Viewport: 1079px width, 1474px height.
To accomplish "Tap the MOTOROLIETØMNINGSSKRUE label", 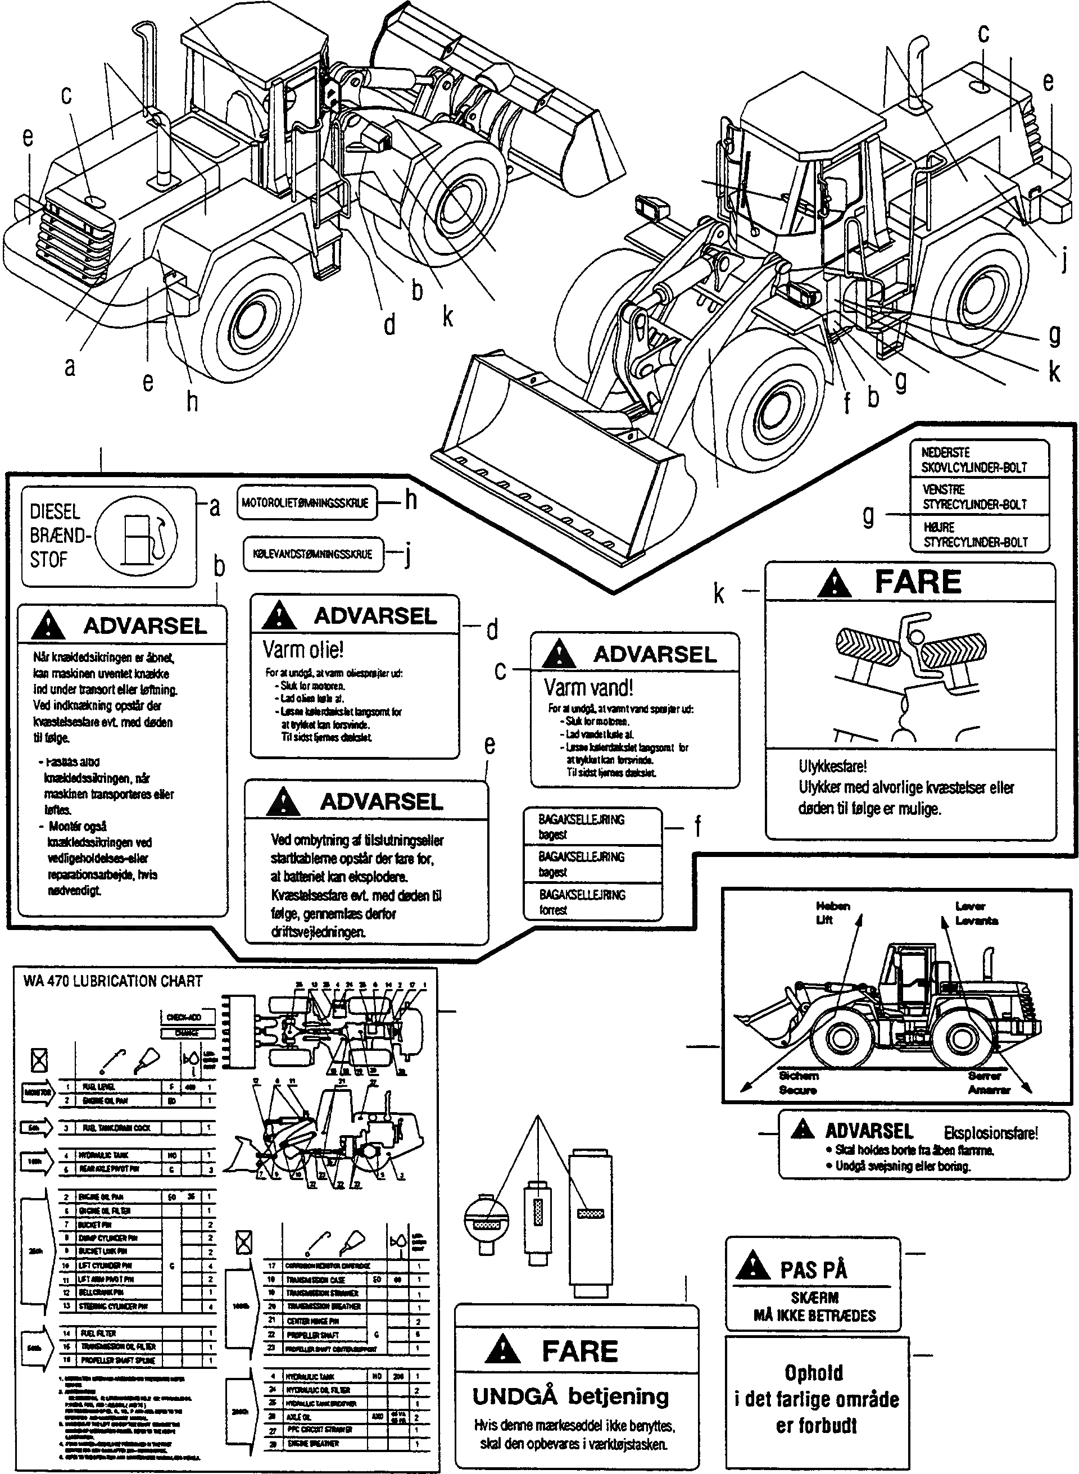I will pos(306,503).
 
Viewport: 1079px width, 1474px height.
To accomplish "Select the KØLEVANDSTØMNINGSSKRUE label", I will pos(313,554).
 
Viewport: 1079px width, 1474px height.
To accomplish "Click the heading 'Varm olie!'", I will pos(303,650).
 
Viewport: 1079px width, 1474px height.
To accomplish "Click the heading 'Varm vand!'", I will pos(588,688).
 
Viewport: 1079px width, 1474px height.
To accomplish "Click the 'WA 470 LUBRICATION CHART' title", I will pos(112,982).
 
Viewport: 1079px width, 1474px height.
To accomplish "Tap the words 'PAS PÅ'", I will pos(813,1269).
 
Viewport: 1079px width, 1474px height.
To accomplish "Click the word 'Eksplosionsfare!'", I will pos(990,1133).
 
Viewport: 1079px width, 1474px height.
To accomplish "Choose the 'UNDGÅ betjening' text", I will pos(570,1396).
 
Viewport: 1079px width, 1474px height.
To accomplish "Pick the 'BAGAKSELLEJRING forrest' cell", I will pos(581,902).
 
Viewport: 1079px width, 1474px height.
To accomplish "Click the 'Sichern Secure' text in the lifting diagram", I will pos(798,1082).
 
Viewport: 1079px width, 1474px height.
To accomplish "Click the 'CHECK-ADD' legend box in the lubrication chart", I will pos(184,1017).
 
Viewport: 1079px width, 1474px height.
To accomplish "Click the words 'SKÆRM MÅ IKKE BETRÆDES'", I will pos(814,1306).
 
